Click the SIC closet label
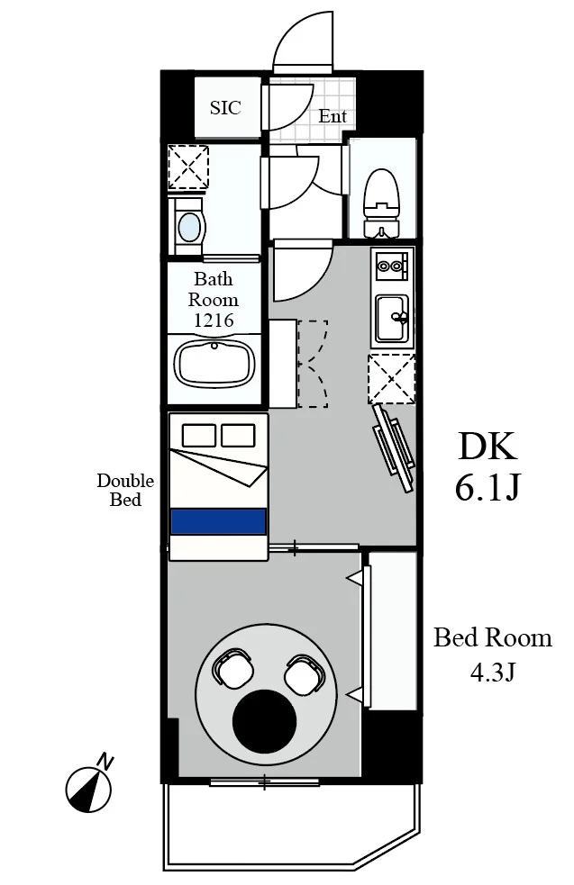click(225, 107)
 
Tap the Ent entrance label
click(333, 116)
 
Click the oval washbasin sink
click(188, 227)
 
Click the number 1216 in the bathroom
click(214, 321)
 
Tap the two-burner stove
click(391, 266)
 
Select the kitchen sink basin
click(392, 318)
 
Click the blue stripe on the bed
click(218, 521)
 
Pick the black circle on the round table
click(264, 722)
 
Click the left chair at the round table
click(232, 668)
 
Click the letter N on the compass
click(105, 762)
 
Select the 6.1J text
click(487, 488)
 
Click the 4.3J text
click(493, 673)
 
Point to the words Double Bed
click(125, 490)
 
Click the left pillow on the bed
click(198, 435)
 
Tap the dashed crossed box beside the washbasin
click(188, 167)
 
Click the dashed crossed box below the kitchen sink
click(391, 379)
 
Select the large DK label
click(487, 447)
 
